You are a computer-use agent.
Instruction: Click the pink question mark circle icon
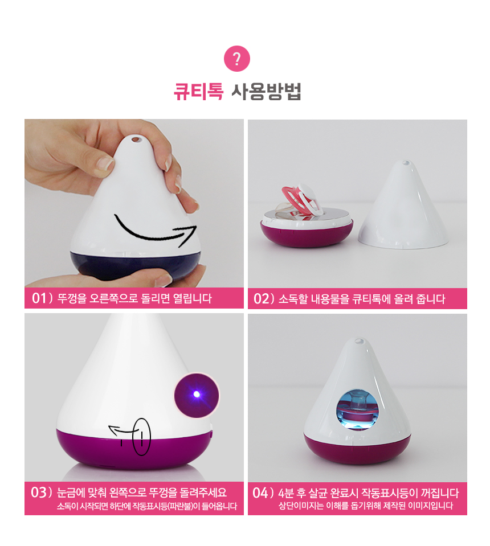[237, 59]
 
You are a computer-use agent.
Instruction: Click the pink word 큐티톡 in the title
[198, 92]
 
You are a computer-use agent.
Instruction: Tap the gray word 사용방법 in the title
[267, 92]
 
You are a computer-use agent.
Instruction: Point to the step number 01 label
[39, 298]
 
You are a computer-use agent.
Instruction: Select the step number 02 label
[262, 298]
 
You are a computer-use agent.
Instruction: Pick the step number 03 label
[39, 492]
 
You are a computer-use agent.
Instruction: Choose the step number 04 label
[260, 492]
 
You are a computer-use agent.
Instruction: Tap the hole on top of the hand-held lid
[136, 139]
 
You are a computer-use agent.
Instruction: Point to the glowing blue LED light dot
[197, 394]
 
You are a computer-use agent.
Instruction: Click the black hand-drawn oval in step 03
[141, 437]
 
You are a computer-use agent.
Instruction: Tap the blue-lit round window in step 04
[357, 409]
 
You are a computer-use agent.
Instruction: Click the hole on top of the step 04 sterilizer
[359, 341]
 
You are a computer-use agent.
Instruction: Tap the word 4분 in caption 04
[286, 493]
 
